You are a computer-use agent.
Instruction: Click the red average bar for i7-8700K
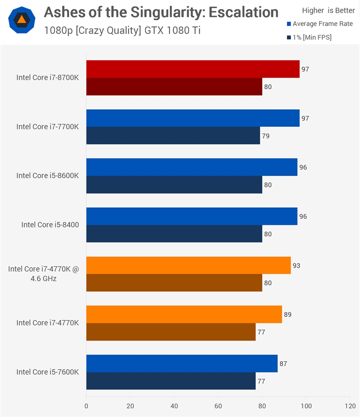click(193, 69)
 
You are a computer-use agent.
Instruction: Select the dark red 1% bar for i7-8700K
click(174, 87)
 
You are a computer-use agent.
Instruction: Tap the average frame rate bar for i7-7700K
click(193, 118)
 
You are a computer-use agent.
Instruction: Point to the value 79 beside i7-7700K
click(266, 136)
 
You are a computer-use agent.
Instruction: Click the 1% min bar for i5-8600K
click(174, 185)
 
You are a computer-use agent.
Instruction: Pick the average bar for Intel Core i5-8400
click(192, 216)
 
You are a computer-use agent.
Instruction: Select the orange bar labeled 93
click(188, 265)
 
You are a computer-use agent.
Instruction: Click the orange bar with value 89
click(184, 314)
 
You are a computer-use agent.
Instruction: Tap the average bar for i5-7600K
click(182, 363)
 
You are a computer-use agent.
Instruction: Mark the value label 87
click(283, 363)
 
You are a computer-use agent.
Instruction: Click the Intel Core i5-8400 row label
click(50, 224)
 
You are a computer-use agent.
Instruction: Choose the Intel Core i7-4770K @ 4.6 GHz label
click(43, 274)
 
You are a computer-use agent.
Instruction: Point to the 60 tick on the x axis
click(218, 406)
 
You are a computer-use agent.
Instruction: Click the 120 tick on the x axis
click(350, 406)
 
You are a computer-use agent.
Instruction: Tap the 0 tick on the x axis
click(86, 406)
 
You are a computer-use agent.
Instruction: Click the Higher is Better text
click(328, 10)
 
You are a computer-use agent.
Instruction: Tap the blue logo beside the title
click(22, 20)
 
